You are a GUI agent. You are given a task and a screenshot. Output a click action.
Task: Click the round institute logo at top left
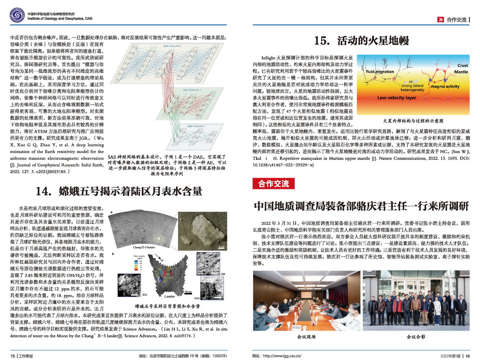17,15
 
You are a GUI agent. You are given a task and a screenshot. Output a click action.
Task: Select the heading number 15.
322,41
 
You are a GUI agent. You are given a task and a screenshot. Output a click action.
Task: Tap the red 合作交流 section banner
273,184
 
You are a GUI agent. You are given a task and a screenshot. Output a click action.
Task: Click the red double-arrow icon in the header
440,20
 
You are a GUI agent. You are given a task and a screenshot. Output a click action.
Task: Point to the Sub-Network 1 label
172,46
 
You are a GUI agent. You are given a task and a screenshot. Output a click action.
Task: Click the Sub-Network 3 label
196,126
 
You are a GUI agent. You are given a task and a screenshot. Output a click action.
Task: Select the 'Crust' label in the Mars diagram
462,65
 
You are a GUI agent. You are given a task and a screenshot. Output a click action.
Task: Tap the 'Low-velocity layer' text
396,98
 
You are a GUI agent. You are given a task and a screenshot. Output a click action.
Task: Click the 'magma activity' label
445,87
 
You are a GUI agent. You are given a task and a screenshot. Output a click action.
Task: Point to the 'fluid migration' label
380,72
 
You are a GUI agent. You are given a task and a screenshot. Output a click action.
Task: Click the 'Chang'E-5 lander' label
144,247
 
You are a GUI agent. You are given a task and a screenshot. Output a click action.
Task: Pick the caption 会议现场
306,337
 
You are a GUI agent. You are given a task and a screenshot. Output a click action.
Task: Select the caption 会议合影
416,337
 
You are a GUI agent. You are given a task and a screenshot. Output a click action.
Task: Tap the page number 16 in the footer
468,356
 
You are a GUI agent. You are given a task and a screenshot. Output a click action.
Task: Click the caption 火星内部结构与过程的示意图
413,121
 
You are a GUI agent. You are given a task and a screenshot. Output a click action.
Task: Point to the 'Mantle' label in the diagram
461,72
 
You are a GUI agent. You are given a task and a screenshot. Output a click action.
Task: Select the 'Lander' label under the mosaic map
169,296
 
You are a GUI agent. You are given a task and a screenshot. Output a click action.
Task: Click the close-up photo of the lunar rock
202,231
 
